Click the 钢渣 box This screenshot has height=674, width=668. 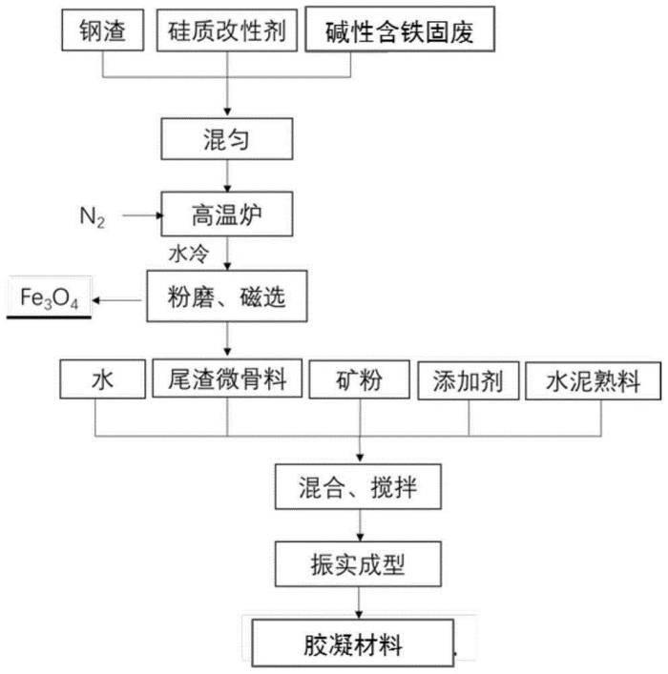point(102,31)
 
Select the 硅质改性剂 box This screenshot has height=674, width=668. point(227,31)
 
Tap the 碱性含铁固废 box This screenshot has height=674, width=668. point(400,30)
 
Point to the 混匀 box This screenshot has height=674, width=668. point(227,139)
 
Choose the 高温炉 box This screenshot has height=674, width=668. point(227,214)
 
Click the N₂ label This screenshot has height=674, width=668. point(93,216)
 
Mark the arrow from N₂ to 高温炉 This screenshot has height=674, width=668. point(143,215)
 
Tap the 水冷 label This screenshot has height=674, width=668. point(189,254)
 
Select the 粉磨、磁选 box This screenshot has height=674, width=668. point(227,296)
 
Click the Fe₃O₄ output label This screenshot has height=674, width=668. point(49,297)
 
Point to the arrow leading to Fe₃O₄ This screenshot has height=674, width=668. point(116,300)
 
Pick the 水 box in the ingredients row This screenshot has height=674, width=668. point(102,379)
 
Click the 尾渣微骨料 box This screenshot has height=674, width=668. point(227,378)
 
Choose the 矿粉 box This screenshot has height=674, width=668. point(360,379)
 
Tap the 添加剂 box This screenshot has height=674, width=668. point(469,380)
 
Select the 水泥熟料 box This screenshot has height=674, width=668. point(594,380)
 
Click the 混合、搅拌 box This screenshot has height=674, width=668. point(358,486)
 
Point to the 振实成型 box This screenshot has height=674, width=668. point(358,564)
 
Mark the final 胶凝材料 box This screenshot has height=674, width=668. point(352,643)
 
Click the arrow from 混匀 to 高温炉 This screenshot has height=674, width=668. point(227,175)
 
